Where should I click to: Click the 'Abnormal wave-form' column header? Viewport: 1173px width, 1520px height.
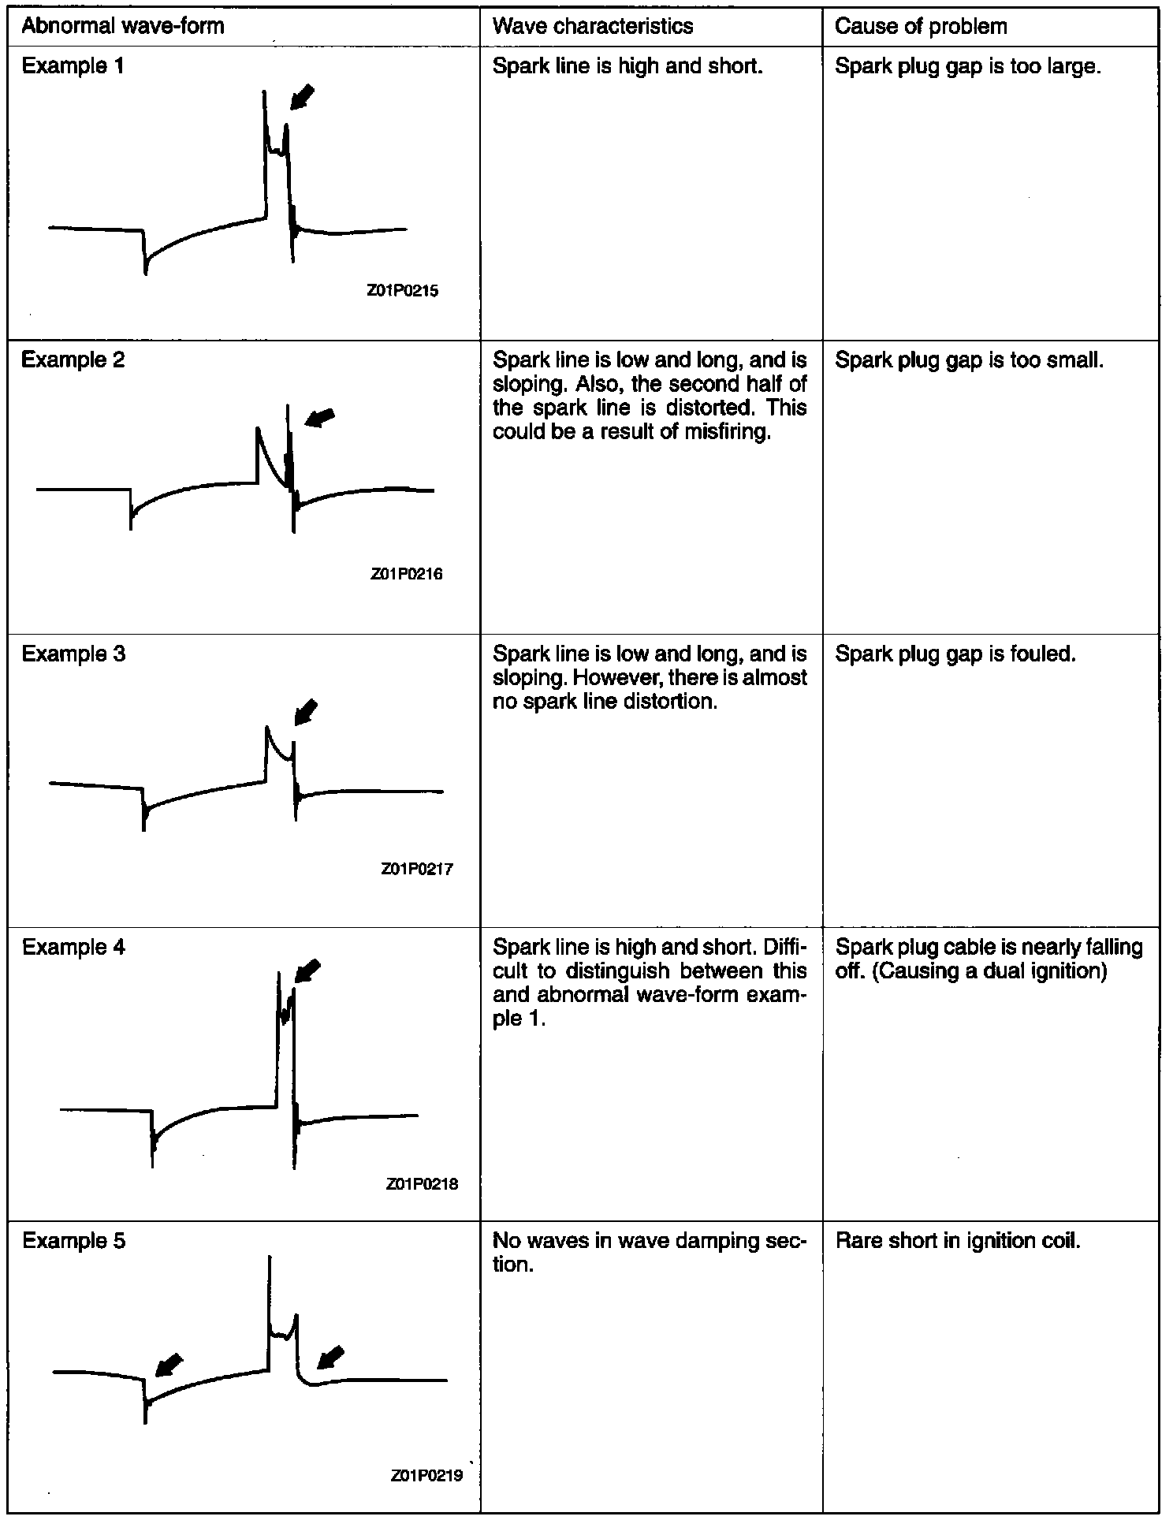point(123,26)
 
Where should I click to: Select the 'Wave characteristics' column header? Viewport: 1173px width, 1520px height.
point(593,26)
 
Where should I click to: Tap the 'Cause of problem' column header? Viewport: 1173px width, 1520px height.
point(921,26)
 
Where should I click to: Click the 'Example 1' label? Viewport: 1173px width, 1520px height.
point(73,66)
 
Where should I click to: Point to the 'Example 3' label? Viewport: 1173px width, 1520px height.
point(73,654)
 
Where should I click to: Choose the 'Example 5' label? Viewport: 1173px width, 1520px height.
point(73,1241)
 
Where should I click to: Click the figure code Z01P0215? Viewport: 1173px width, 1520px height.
point(403,291)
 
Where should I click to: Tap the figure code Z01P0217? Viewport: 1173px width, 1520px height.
point(417,870)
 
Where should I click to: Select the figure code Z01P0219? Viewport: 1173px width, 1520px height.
point(426,1476)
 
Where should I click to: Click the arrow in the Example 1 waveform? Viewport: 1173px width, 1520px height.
point(302,97)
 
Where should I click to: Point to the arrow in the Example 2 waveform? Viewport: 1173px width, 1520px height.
point(320,418)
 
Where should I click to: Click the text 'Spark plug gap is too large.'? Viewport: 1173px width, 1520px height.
point(967,66)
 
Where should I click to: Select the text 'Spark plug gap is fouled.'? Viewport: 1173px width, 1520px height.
point(955,654)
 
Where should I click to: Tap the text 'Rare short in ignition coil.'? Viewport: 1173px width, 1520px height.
point(957,1241)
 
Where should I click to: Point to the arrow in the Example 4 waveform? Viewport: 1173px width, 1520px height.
point(307,970)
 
